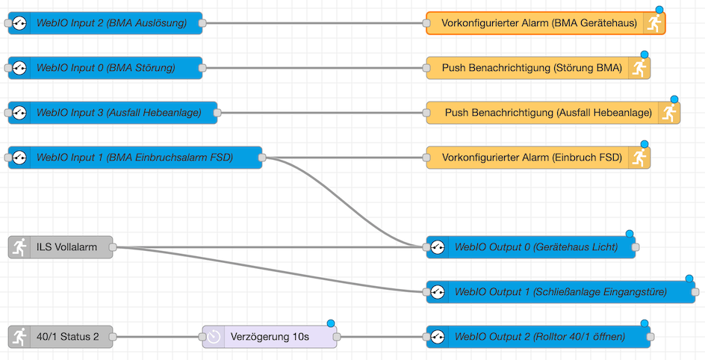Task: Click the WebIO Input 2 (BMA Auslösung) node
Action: click(x=112, y=23)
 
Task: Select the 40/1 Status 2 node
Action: click(x=67, y=337)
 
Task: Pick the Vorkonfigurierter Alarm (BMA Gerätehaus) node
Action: click(x=538, y=23)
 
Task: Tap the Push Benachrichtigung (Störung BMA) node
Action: click(x=531, y=68)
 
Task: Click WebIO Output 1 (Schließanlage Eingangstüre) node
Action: click(x=560, y=292)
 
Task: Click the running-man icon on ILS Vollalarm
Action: click(x=20, y=247)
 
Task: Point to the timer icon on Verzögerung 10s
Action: click(x=214, y=337)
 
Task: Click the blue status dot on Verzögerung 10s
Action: click(x=330, y=323)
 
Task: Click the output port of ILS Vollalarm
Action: click(x=113, y=247)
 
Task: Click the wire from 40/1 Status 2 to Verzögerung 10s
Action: click(x=157, y=337)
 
